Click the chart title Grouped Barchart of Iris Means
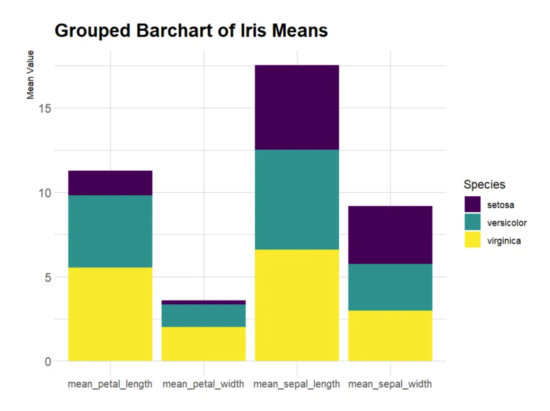tap(191, 31)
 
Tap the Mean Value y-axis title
tap(31, 75)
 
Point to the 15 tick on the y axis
tap(45, 108)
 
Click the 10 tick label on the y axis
tap(45, 193)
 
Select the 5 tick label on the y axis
tap(48, 277)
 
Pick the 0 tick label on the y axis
tap(48, 362)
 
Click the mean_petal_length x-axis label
tap(110, 384)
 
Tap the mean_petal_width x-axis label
tap(203, 384)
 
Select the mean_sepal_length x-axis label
tap(296, 384)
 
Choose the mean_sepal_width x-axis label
tap(390, 384)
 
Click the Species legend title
tap(484, 184)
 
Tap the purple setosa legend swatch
tap(472, 204)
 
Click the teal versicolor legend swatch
tap(472, 222)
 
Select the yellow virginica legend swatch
tap(472, 240)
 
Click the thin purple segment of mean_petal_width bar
tap(203, 302)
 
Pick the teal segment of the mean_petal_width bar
tap(203, 316)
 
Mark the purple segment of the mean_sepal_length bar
tap(297, 107)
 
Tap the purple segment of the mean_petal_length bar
tap(110, 183)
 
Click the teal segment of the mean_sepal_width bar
tap(390, 287)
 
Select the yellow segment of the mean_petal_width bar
tap(203, 344)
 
